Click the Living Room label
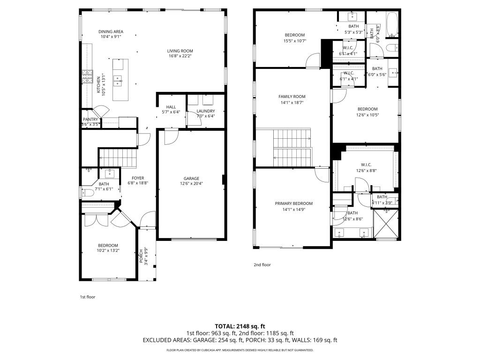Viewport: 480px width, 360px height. [180, 51]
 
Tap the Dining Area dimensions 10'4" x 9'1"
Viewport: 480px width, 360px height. [111, 37]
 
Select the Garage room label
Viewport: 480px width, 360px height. [191, 179]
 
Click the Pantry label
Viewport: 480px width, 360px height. [90, 120]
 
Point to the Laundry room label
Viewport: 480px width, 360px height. [205, 111]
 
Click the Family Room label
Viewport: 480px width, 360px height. [292, 97]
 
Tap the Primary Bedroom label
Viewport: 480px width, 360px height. [293, 203]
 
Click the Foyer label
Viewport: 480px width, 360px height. [138, 178]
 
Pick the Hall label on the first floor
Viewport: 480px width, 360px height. [171, 106]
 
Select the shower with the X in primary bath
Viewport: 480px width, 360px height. [386, 224]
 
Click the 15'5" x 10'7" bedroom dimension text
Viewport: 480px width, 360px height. [295, 41]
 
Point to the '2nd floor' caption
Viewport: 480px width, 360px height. [262, 265]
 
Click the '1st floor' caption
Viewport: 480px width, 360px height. [87, 297]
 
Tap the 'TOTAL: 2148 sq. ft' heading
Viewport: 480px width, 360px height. [240, 326]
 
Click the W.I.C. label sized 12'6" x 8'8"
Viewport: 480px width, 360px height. [366, 165]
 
